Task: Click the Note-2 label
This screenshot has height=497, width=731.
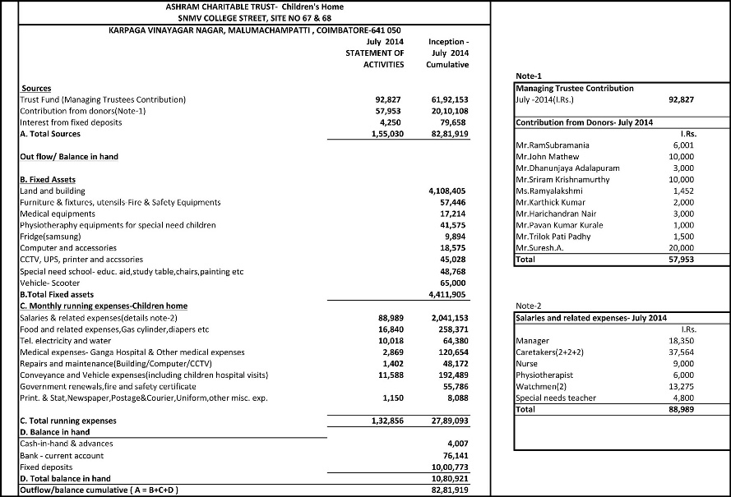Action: (528, 306)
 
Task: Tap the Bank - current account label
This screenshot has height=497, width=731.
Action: (62, 455)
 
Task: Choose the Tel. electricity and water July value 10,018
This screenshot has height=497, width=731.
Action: (390, 340)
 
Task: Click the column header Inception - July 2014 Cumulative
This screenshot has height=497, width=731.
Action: (449, 52)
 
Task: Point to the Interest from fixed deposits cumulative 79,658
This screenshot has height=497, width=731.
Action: (452, 122)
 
